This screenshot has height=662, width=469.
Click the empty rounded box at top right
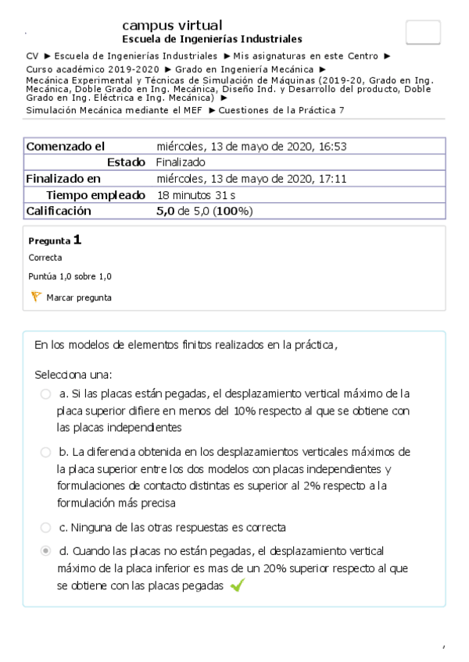click(x=423, y=32)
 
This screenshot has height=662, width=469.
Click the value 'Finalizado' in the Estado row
click(x=181, y=162)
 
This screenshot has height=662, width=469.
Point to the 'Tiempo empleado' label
click(x=95, y=194)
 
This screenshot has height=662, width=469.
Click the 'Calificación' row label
click(x=59, y=211)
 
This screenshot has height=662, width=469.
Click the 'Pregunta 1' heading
click(x=55, y=240)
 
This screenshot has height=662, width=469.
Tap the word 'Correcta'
click(x=45, y=258)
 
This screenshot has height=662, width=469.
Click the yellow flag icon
click(x=35, y=297)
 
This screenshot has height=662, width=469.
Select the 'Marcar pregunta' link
click(x=79, y=297)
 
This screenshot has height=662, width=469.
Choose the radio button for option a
click(x=45, y=394)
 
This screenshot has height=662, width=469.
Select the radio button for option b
click(x=45, y=452)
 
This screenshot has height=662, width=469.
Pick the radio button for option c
click(x=45, y=527)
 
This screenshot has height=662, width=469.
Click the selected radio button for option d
click(x=45, y=551)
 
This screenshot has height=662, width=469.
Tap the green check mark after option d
click(x=237, y=586)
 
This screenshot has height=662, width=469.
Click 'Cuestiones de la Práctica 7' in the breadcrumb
click(x=281, y=110)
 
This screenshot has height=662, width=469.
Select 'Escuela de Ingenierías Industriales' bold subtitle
click(x=213, y=40)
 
